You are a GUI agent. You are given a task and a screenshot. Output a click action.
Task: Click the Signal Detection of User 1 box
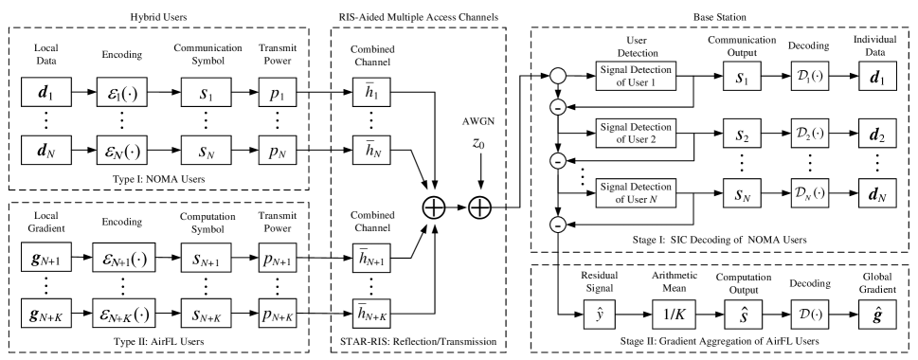(635, 77)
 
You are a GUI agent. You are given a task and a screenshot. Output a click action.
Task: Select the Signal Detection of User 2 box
(635, 133)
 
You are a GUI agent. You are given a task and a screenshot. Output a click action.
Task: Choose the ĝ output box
(876, 315)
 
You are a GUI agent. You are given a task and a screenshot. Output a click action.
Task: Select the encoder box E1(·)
(121, 93)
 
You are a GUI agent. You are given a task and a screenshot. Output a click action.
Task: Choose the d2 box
(876, 134)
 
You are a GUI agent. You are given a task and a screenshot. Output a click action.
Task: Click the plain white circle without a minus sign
(559, 75)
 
